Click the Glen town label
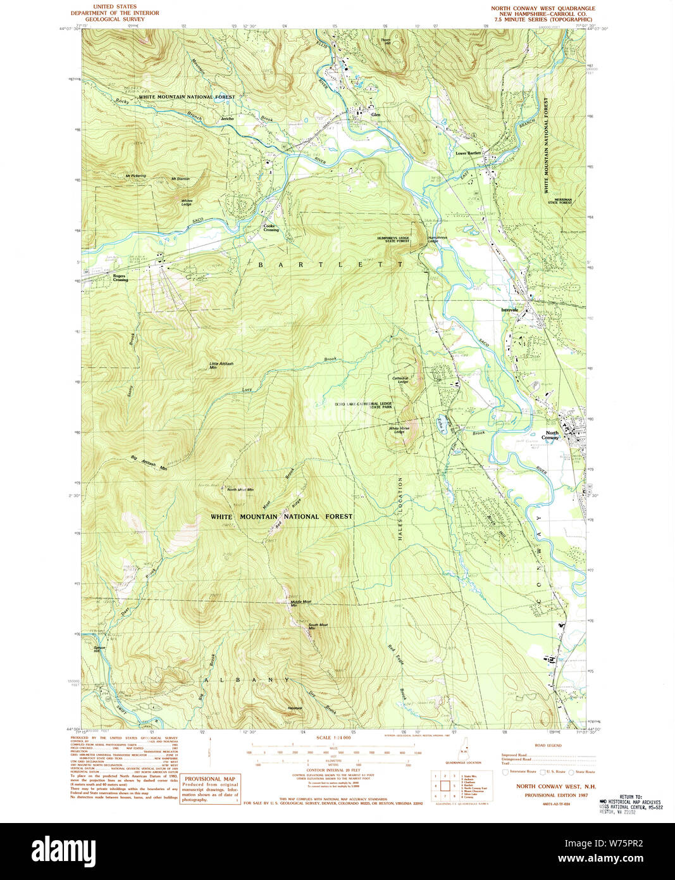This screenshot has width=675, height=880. (376, 115)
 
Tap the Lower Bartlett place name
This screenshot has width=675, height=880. (468, 153)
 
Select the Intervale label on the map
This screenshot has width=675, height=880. (509, 310)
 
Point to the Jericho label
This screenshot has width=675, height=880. (227, 118)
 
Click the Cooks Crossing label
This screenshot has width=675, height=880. (271, 228)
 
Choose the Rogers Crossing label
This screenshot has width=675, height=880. (120, 278)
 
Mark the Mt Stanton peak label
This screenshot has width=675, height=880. (180, 179)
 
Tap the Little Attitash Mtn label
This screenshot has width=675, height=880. (221, 365)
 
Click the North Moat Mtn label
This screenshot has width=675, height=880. (240, 489)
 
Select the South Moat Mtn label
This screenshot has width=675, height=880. (318, 627)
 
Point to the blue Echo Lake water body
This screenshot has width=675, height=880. (442, 423)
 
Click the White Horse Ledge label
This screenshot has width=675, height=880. (399, 430)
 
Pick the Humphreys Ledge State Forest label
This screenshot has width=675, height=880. (393, 239)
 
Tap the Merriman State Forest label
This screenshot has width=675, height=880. (560, 201)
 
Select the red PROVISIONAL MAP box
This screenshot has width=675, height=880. (209, 789)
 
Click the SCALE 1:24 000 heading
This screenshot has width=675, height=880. (333, 738)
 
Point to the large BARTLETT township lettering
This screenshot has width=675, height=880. (330, 265)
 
